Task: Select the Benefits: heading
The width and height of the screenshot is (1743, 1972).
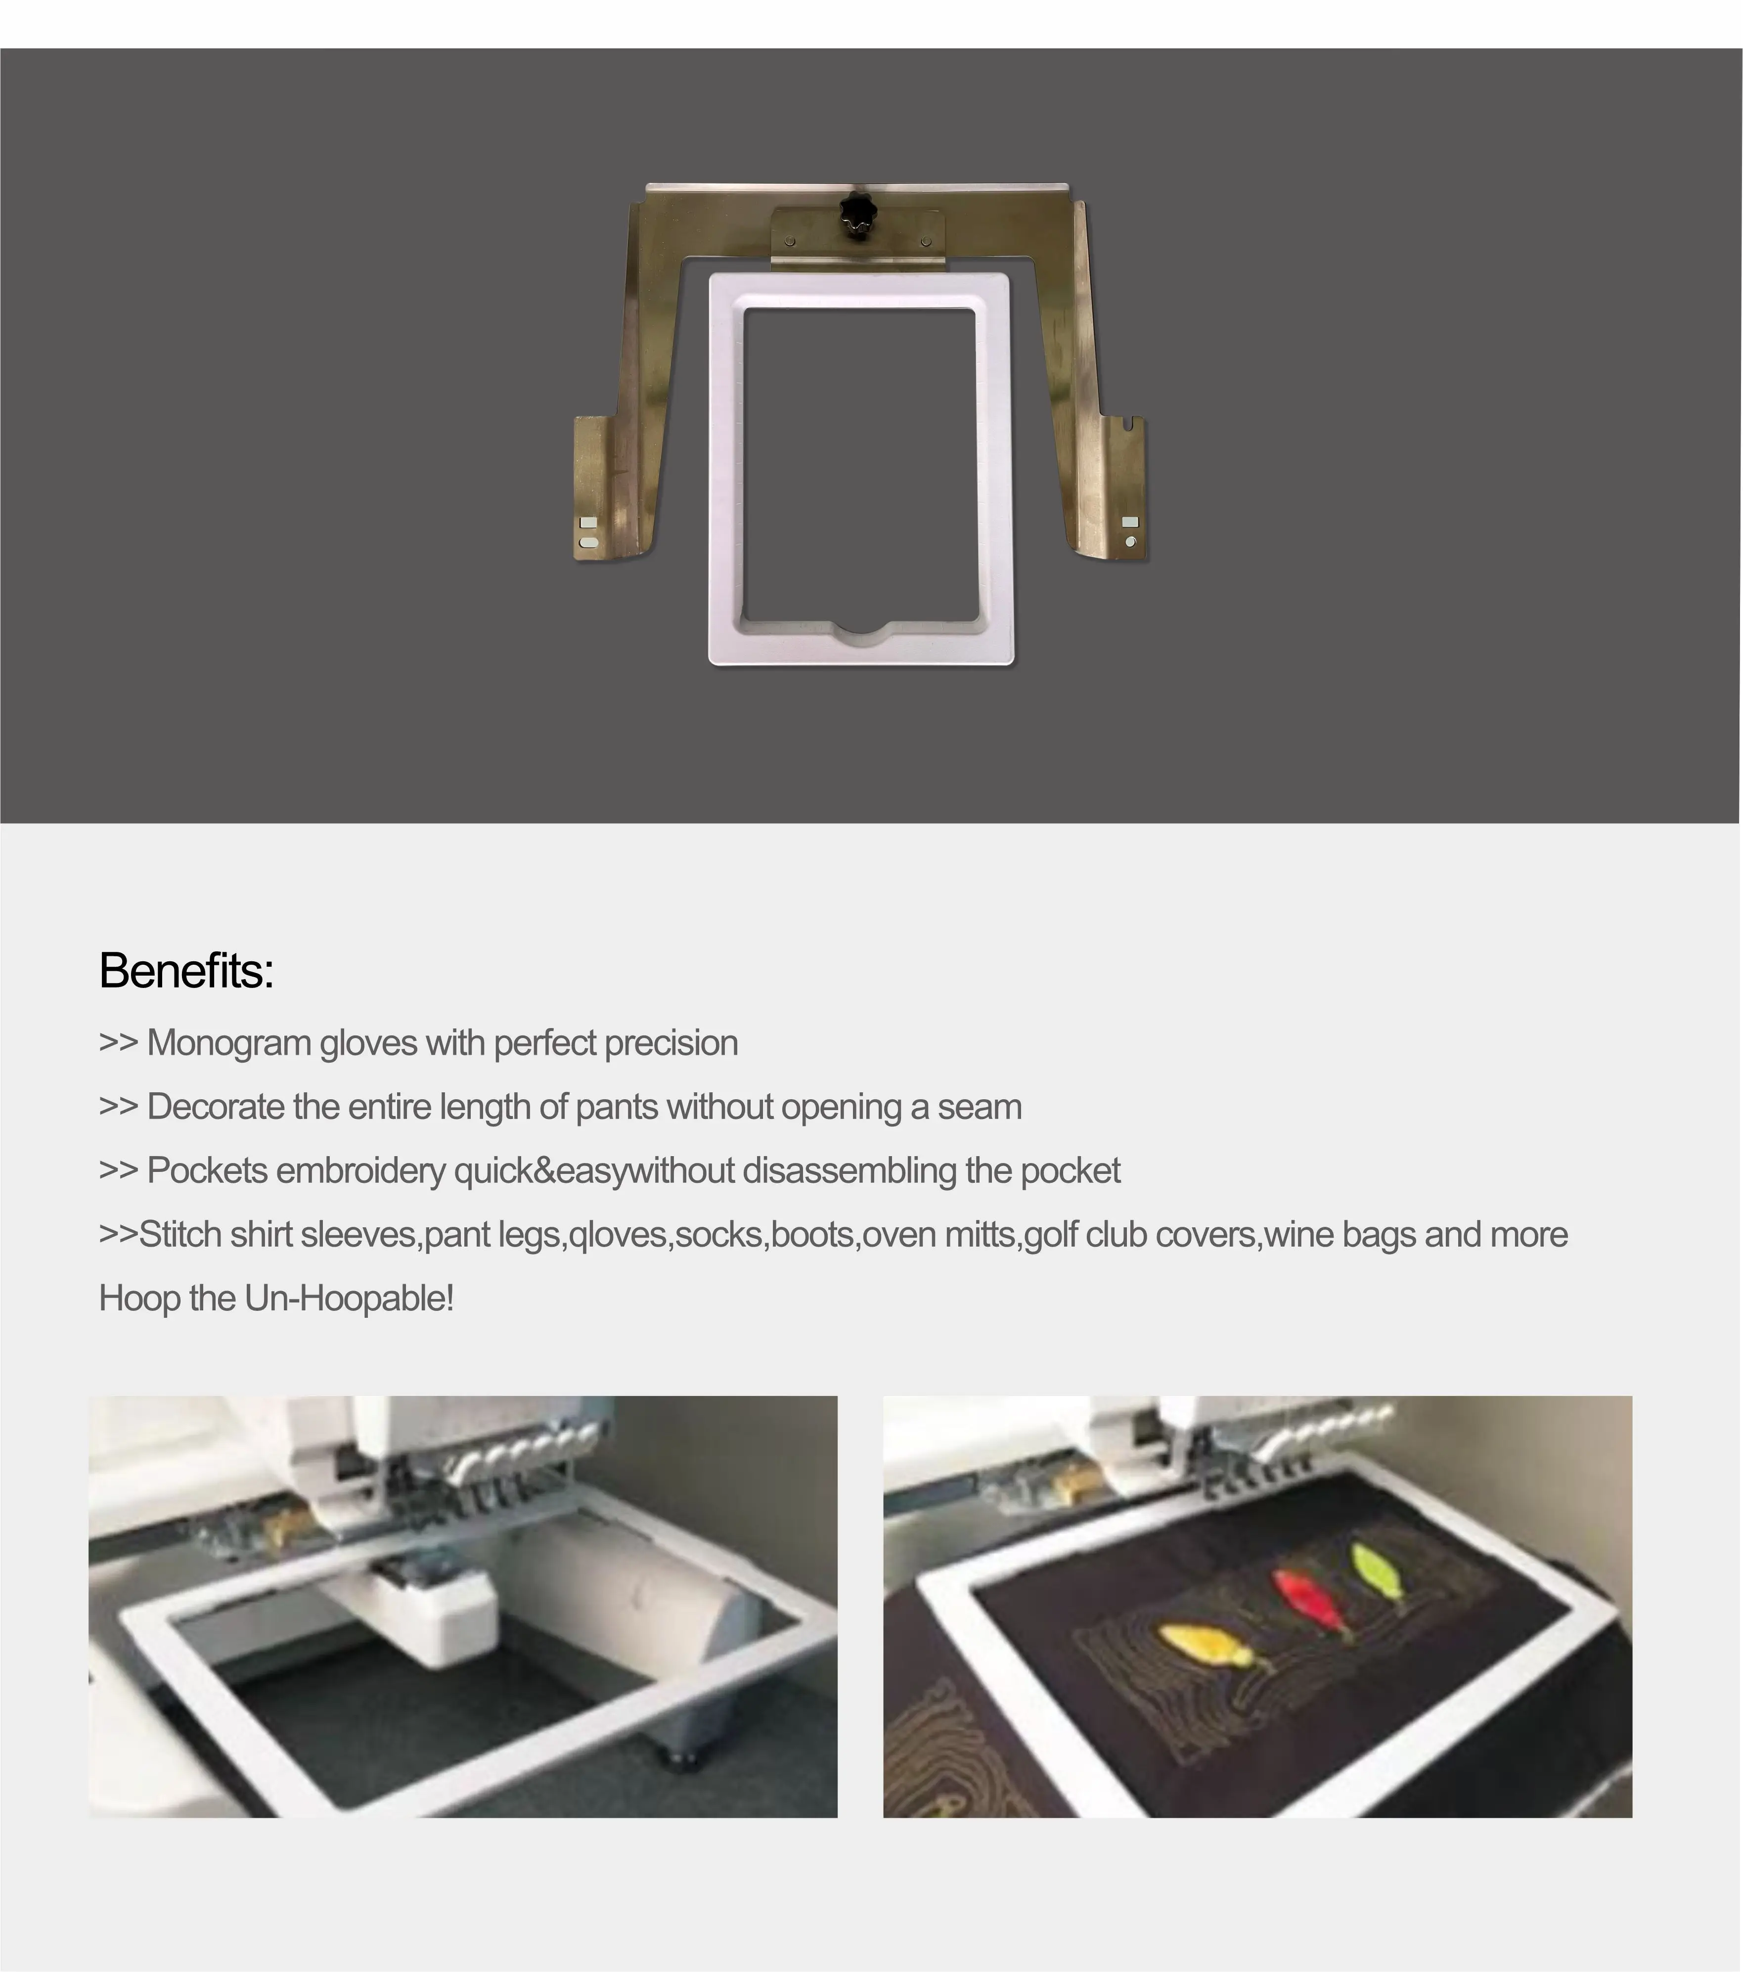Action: tap(186, 971)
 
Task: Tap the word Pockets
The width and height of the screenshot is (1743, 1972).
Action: tap(206, 1170)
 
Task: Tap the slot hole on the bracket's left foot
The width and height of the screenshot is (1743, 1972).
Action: tap(587, 543)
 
